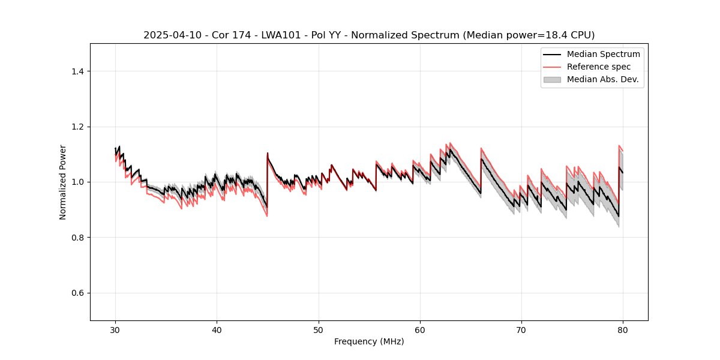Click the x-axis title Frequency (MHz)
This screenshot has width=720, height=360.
pos(369,341)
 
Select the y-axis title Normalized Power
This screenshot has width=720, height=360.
pos(63,182)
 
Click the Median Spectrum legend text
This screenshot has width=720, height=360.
pos(603,54)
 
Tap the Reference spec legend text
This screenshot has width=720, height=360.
pos(599,67)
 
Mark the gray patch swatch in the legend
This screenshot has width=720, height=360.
pos(552,79)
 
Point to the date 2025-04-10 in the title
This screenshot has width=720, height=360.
pos(169,35)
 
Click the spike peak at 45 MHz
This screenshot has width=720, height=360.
pos(268,153)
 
